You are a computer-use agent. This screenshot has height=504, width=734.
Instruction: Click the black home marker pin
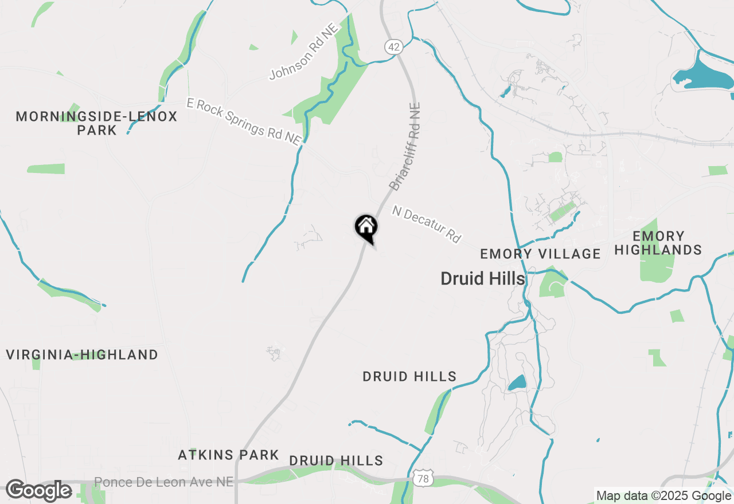point(366,227)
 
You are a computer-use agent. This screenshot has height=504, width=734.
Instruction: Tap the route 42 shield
point(393,47)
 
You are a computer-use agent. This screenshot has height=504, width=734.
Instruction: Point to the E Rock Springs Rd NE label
point(244,121)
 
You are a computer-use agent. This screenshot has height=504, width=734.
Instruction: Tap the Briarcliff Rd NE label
point(405,147)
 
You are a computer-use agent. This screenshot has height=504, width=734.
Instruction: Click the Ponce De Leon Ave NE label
point(163,482)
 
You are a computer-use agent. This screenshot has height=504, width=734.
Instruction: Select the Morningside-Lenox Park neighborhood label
point(96,123)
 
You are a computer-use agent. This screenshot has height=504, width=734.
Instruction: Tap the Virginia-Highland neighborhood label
point(82,355)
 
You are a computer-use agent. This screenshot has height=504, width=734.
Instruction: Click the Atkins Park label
point(228,455)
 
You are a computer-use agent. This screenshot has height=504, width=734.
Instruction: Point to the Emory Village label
point(540,254)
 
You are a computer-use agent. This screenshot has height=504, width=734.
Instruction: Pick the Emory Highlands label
point(658,243)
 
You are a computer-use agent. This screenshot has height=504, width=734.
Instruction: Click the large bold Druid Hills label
point(483,279)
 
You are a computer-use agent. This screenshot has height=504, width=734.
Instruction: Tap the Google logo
point(38,490)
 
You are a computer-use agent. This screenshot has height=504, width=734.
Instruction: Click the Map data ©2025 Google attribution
point(663,496)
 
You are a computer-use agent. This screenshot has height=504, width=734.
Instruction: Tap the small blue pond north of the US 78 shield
point(517,383)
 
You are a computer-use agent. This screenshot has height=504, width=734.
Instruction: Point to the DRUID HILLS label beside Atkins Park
point(336,460)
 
